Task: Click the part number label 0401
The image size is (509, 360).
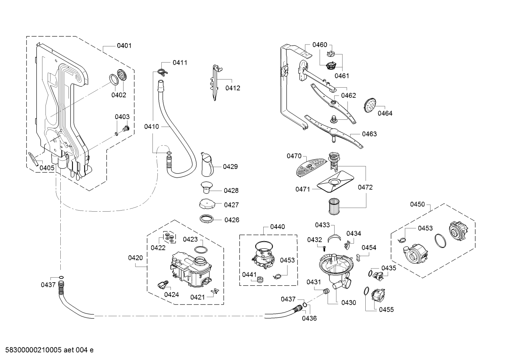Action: point(124,46)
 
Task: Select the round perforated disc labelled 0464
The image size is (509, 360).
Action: point(370,105)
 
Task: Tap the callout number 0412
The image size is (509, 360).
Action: point(233,88)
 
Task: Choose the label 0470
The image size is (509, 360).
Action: point(294,156)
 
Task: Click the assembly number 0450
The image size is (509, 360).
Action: point(417,204)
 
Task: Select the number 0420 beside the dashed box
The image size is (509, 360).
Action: point(136,258)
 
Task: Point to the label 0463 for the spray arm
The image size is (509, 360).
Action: point(369,134)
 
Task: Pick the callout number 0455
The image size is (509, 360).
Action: point(386,309)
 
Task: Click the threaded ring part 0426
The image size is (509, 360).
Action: point(206,219)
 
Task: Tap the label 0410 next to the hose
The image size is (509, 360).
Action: point(151,126)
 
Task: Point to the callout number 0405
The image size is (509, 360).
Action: point(47,168)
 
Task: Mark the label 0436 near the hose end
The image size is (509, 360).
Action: point(309,318)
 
